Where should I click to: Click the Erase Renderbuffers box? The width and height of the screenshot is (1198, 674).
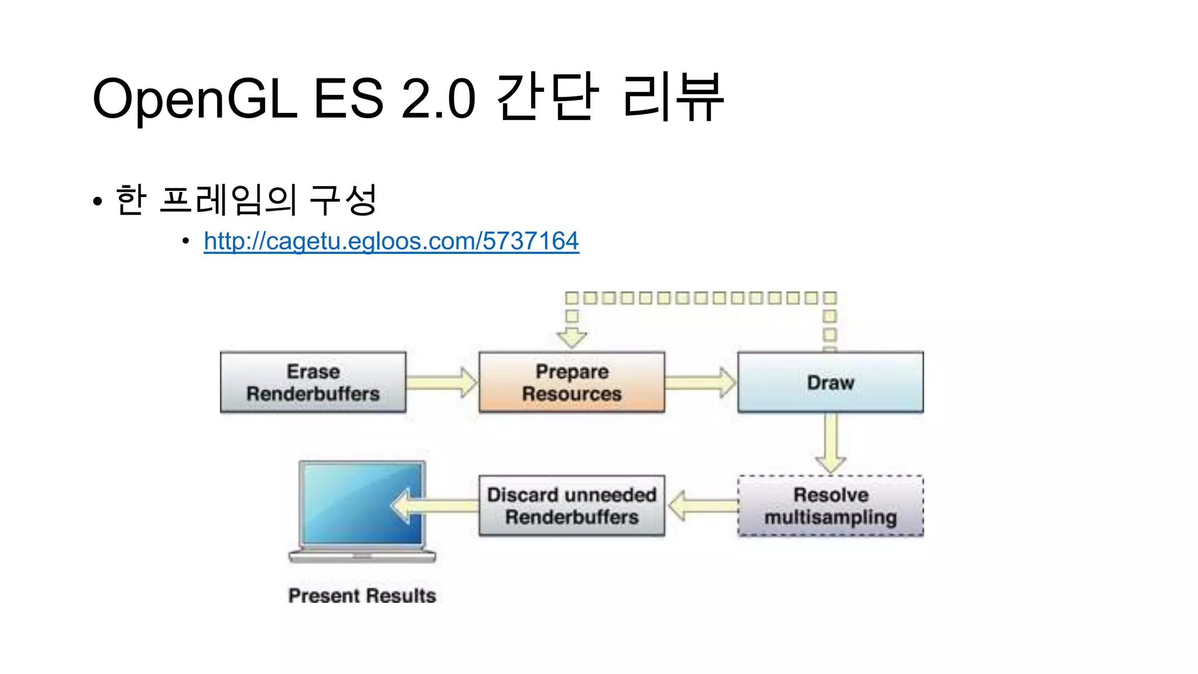pyautogui.click(x=313, y=383)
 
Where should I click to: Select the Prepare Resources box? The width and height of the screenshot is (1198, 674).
pyautogui.click(x=572, y=383)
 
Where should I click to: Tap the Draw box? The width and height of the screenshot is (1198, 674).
pyautogui.click(x=830, y=383)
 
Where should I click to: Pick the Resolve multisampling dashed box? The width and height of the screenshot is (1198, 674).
pyautogui.click(x=830, y=506)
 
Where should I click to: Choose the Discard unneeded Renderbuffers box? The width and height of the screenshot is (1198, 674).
pyautogui.click(x=572, y=506)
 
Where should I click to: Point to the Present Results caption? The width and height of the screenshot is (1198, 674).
pyautogui.click(x=362, y=596)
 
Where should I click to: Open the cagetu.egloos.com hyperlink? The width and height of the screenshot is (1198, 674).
pyautogui.click(x=391, y=241)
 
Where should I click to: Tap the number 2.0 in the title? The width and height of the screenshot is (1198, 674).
pyautogui.click(x=438, y=98)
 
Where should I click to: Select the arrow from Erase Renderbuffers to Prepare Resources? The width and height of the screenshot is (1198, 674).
pyautogui.click(x=442, y=383)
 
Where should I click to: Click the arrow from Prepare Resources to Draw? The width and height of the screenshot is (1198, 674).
pyautogui.click(x=700, y=383)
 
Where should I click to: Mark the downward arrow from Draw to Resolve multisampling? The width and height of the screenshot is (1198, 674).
pyautogui.click(x=831, y=443)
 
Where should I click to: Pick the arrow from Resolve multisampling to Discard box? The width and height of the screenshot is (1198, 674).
pyautogui.click(x=702, y=506)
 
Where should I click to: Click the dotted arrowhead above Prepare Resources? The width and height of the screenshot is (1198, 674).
pyautogui.click(x=572, y=338)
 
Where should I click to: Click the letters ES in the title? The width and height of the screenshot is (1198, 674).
pyautogui.click(x=348, y=98)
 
